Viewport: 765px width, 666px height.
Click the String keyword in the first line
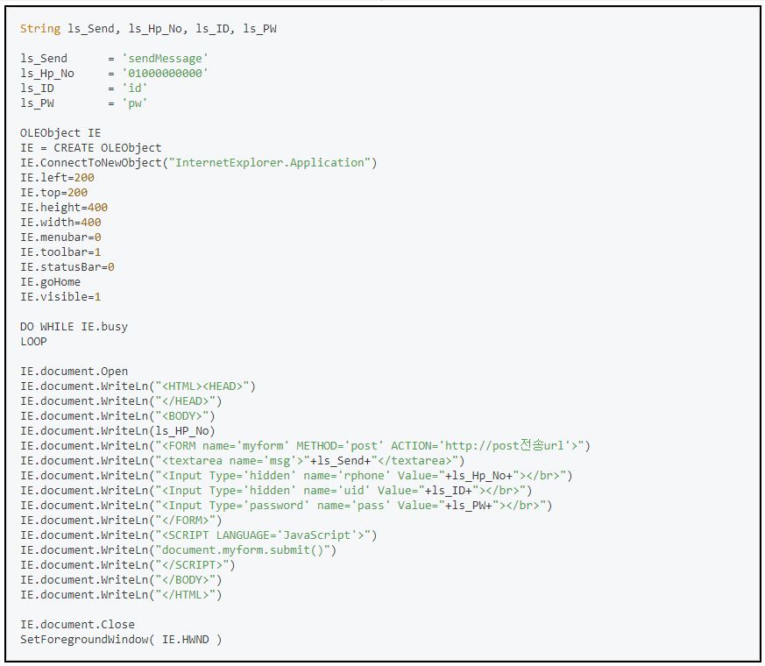pos(40,29)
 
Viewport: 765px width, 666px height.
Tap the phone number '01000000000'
pos(166,74)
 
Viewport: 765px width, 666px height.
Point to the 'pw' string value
pos(135,103)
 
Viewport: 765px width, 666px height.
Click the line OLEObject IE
pos(60,133)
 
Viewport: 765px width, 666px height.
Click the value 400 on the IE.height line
pos(98,208)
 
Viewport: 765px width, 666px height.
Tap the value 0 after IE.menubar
pos(98,237)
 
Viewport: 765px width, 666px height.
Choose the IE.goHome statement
pos(50,282)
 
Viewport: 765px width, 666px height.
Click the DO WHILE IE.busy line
pos(74,327)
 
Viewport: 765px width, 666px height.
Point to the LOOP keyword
pos(33,342)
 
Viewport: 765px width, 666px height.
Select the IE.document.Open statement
pos(74,372)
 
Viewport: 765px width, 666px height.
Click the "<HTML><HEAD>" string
pos(202,386)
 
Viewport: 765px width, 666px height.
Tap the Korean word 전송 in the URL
pos(533,445)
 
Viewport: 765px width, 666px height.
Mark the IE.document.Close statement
pos(77,625)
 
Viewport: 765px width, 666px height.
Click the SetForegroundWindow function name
pos(84,640)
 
